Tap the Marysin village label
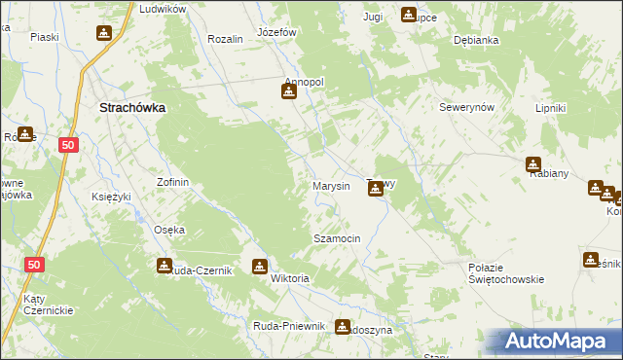[331, 186]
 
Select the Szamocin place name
[337, 238]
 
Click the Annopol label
[303, 82]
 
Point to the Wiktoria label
[290, 278]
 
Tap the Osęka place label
[169, 230]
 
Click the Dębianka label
[476, 41]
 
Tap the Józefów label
[275, 31]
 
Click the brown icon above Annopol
[289, 92]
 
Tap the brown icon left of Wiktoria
[260, 267]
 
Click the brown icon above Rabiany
[533, 164]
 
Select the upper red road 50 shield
[67, 144]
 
